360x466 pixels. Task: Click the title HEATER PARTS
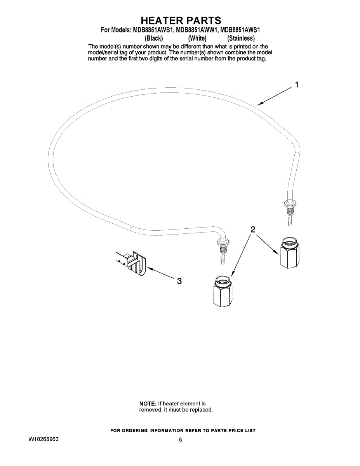pos(181,20)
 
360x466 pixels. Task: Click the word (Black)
pos(153,38)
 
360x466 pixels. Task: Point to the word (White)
pos(197,38)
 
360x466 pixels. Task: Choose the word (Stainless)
pos(241,38)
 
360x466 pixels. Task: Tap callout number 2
pos(252,230)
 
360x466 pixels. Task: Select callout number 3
pos(179,281)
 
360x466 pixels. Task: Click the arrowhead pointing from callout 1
pos(260,104)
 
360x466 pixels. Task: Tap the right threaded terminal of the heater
pos(290,212)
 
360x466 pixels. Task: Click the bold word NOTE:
pos(148,403)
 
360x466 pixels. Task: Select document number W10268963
pos(43,439)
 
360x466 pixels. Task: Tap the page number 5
pos(181,440)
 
